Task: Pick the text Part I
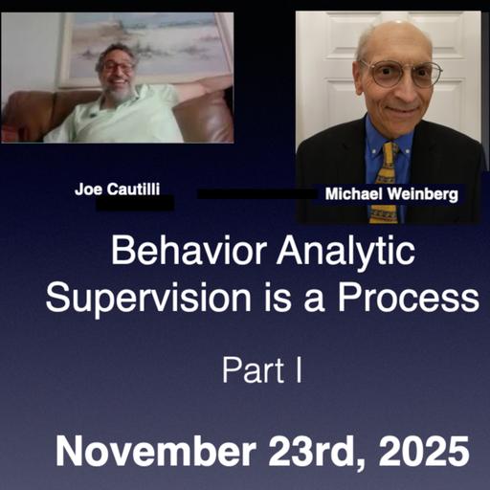(x=262, y=369)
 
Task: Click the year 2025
(x=422, y=450)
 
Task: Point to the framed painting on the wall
(x=144, y=43)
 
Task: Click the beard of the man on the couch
(x=120, y=92)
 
